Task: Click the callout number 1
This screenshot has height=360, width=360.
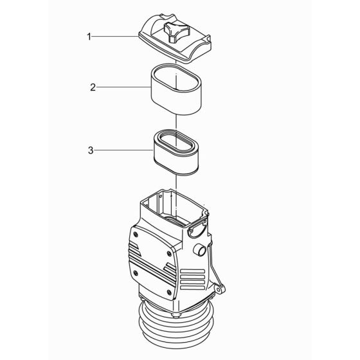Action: coord(89,38)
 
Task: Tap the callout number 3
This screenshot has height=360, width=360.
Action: coord(90,151)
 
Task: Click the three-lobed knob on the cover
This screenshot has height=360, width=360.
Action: coord(175,30)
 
